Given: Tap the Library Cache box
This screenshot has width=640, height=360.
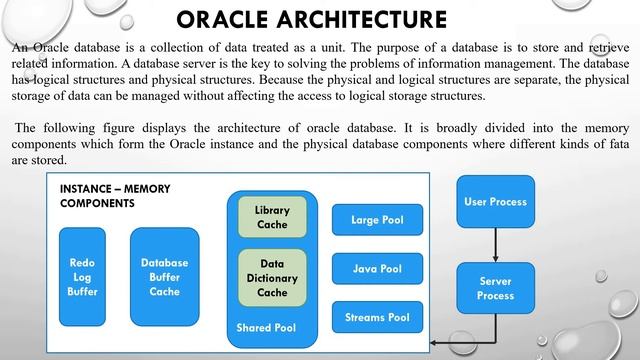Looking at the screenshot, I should tap(272, 217).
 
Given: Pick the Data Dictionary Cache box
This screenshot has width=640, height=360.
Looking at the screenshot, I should tap(272, 278).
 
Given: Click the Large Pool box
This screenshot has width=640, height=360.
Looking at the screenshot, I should tap(377, 219).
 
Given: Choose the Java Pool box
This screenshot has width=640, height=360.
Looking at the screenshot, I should tap(377, 269).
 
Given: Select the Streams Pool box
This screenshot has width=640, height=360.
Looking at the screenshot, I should tap(377, 318).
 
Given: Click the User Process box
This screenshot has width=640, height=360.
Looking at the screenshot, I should tap(495, 201).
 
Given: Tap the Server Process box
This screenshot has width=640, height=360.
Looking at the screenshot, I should tap(495, 289).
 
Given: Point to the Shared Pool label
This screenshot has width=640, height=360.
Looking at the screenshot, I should tap(266, 327).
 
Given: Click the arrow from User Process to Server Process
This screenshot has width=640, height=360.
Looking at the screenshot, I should tap(495, 245).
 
